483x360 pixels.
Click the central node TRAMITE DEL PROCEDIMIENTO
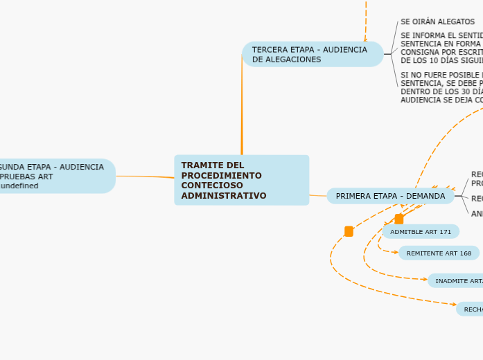tap(241, 180)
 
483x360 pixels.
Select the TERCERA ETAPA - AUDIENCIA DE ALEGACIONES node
tap(312, 54)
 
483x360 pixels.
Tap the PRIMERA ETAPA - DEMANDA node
tap(390, 196)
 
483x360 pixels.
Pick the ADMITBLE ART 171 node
tap(420, 231)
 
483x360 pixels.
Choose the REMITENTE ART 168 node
tap(438, 253)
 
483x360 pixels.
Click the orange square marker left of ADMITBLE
tap(349, 231)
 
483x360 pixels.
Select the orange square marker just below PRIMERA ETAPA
tap(398, 219)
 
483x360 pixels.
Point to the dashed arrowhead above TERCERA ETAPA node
tap(365, 39)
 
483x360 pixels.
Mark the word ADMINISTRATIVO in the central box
tap(223, 196)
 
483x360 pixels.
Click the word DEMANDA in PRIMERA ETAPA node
tap(425, 196)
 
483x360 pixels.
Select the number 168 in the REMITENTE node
tap(465, 253)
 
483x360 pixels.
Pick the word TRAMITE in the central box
tap(201, 165)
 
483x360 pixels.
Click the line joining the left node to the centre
tap(146, 177)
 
